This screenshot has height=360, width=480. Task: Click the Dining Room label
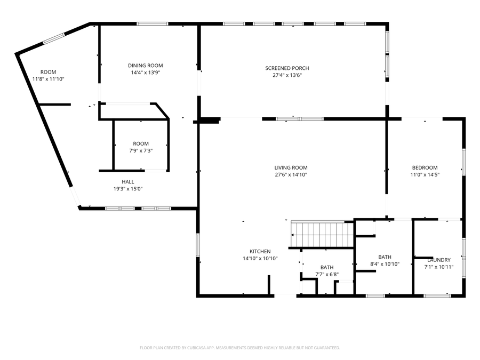click(x=146, y=66)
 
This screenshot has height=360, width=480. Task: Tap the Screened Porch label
click(x=287, y=68)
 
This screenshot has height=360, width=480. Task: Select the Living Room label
click(x=291, y=168)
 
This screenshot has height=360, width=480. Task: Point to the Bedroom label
click(x=425, y=168)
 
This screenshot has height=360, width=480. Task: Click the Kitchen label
click(x=260, y=252)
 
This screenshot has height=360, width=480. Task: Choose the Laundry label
click(x=439, y=260)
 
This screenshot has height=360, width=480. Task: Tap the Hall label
click(x=128, y=182)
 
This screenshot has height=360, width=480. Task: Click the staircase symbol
click(x=322, y=234)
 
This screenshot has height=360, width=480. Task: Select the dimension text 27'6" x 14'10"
click(x=291, y=175)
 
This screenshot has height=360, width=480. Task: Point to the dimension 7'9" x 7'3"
click(x=141, y=150)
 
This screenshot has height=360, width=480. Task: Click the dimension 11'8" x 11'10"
click(x=49, y=79)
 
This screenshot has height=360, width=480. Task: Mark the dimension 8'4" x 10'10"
click(x=385, y=264)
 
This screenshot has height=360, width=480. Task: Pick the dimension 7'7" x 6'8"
click(x=327, y=275)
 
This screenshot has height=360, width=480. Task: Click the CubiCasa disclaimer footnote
click(x=239, y=348)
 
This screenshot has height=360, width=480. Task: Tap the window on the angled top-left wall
click(x=54, y=38)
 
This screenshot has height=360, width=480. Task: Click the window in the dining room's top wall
click(x=152, y=23)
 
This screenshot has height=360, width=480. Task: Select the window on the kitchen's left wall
click(x=198, y=245)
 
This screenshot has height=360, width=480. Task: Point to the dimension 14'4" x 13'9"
click(x=146, y=73)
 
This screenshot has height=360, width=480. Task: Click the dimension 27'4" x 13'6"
click(x=287, y=75)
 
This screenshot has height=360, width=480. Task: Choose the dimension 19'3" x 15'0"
click(x=128, y=189)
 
